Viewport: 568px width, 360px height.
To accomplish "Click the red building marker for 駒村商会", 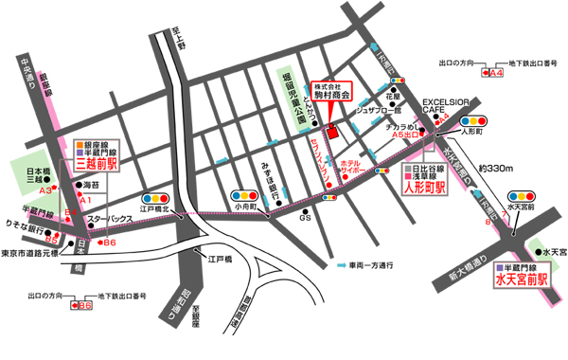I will pyautogui.click(x=330, y=133).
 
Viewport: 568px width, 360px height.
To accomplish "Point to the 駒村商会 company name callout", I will pyautogui.click(x=333, y=92).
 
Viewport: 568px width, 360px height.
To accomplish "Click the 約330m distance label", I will pyautogui.click(x=497, y=169).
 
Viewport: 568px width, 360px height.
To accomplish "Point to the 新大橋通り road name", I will pyautogui.click(x=460, y=270).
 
